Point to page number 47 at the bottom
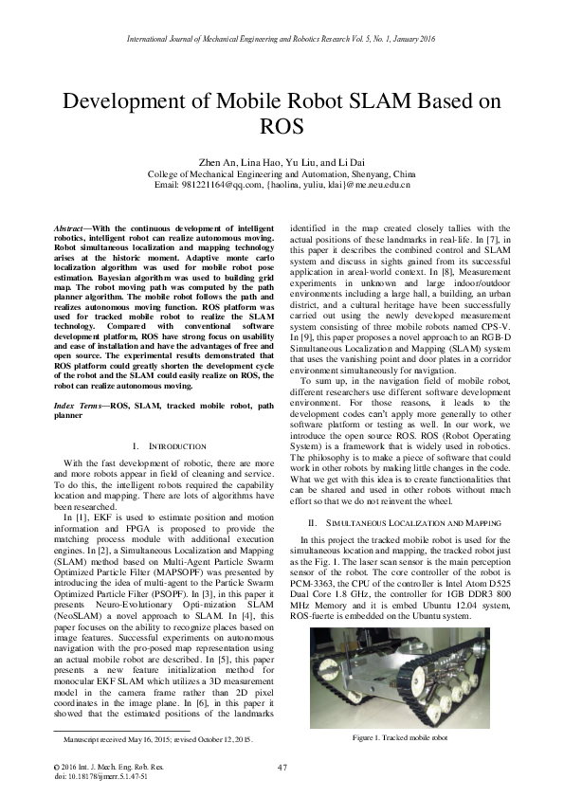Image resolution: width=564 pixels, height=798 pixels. click(282, 767)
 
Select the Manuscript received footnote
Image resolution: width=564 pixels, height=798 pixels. click(157, 737)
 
